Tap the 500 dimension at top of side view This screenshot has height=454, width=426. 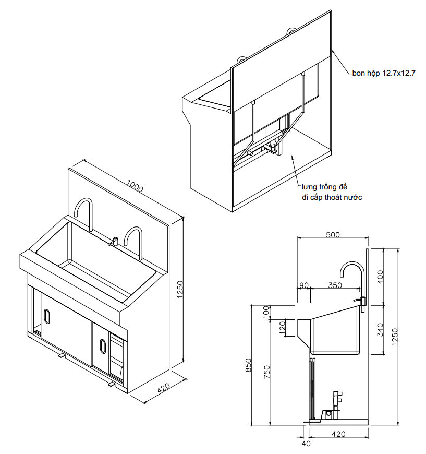(332, 235)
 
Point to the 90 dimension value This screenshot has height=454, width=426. (303, 286)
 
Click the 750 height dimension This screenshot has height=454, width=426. (267, 373)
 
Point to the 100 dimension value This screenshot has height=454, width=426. (267, 312)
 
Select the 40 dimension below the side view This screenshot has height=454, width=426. (306, 444)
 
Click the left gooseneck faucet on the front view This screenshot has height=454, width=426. (84, 213)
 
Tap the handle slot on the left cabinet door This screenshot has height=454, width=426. (47, 316)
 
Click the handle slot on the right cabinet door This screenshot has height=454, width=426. (101, 345)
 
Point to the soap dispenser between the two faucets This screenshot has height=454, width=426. (114, 241)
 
